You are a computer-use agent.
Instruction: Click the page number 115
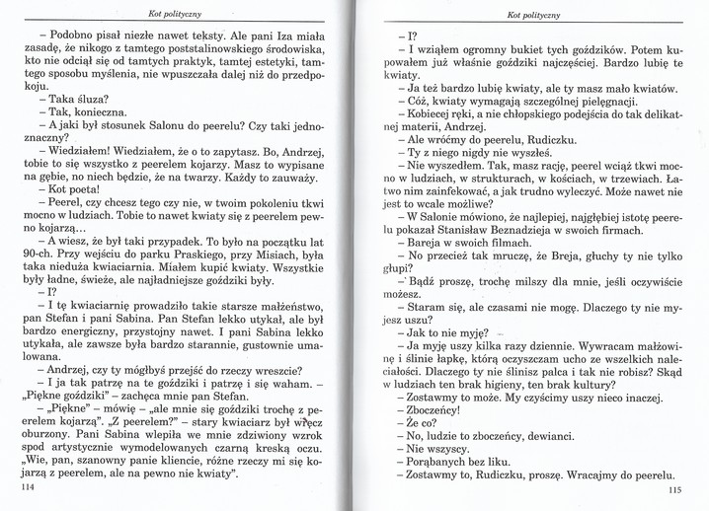674,492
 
